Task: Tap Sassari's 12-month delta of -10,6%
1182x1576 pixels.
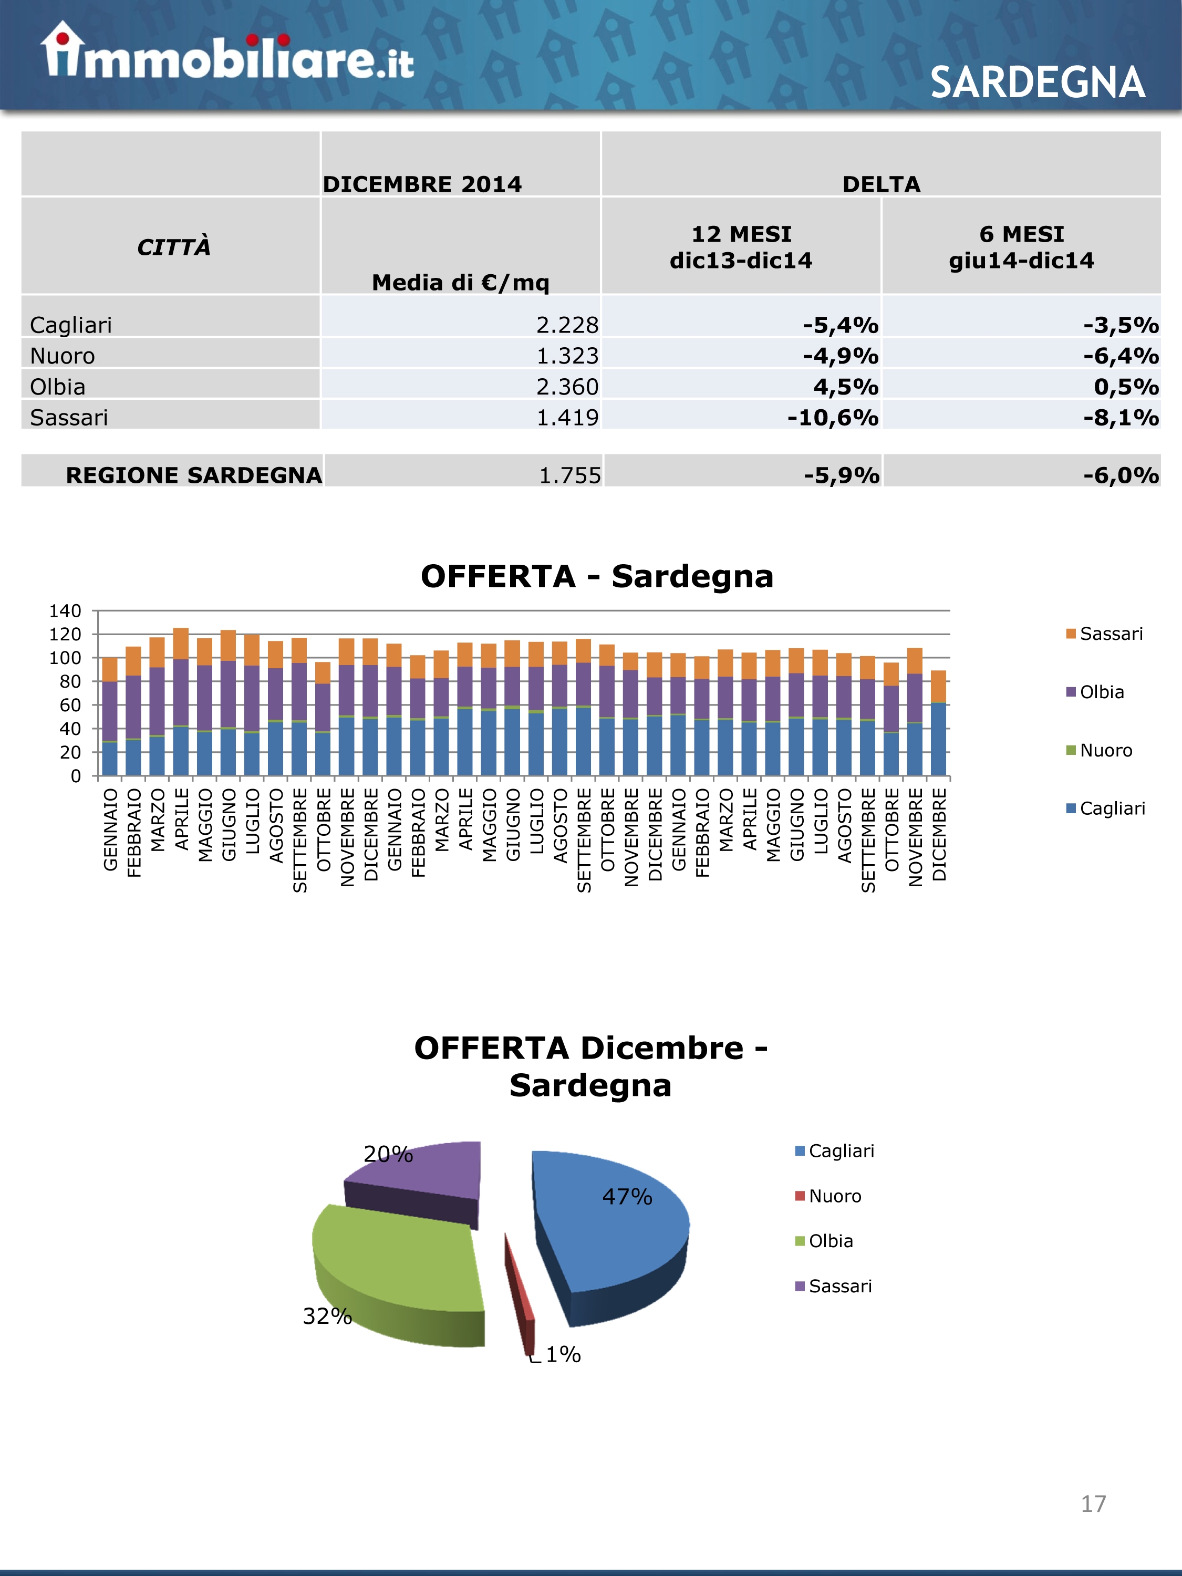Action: (x=832, y=418)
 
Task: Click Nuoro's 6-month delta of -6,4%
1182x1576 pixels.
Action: (x=1121, y=356)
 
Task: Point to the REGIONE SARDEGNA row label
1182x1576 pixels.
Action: (x=194, y=475)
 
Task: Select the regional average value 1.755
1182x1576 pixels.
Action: (x=569, y=475)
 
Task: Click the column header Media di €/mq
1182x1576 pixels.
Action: (x=460, y=283)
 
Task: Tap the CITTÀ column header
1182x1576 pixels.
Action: (x=173, y=247)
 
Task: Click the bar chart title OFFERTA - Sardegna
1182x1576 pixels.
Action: (x=597, y=576)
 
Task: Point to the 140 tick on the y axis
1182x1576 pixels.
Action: (x=66, y=610)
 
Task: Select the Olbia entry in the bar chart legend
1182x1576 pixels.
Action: (x=1101, y=692)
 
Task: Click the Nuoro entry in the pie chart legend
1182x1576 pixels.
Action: (x=834, y=1196)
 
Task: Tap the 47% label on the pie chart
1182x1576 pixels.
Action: (x=627, y=1196)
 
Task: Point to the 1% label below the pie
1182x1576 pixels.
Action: (x=563, y=1354)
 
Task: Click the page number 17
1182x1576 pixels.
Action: (x=1093, y=1504)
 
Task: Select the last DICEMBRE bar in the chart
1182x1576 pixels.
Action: (x=939, y=723)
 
